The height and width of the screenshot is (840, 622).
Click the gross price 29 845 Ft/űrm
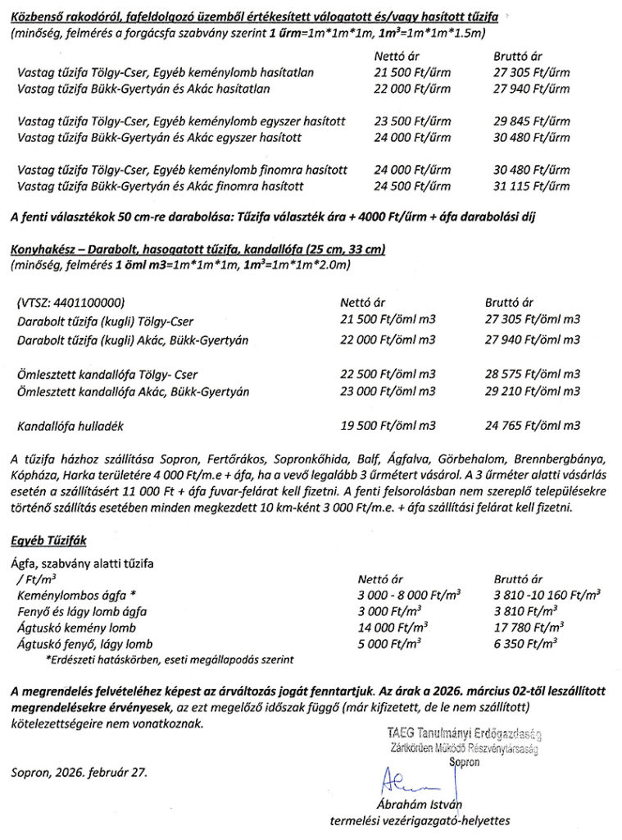(x=532, y=121)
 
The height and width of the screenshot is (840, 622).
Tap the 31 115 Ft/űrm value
(x=532, y=186)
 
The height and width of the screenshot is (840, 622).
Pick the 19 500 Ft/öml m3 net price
(x=388, y=426)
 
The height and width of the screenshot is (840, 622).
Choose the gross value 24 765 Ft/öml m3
(x=532, y=426)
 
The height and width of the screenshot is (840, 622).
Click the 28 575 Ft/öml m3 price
(x=532, y=374)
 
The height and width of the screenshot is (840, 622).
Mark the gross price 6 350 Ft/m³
(x=525, y=644)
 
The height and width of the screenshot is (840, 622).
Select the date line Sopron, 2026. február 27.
(x=79, y=772)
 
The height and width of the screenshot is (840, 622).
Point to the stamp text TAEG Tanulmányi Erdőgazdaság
(x=464, y=733)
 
